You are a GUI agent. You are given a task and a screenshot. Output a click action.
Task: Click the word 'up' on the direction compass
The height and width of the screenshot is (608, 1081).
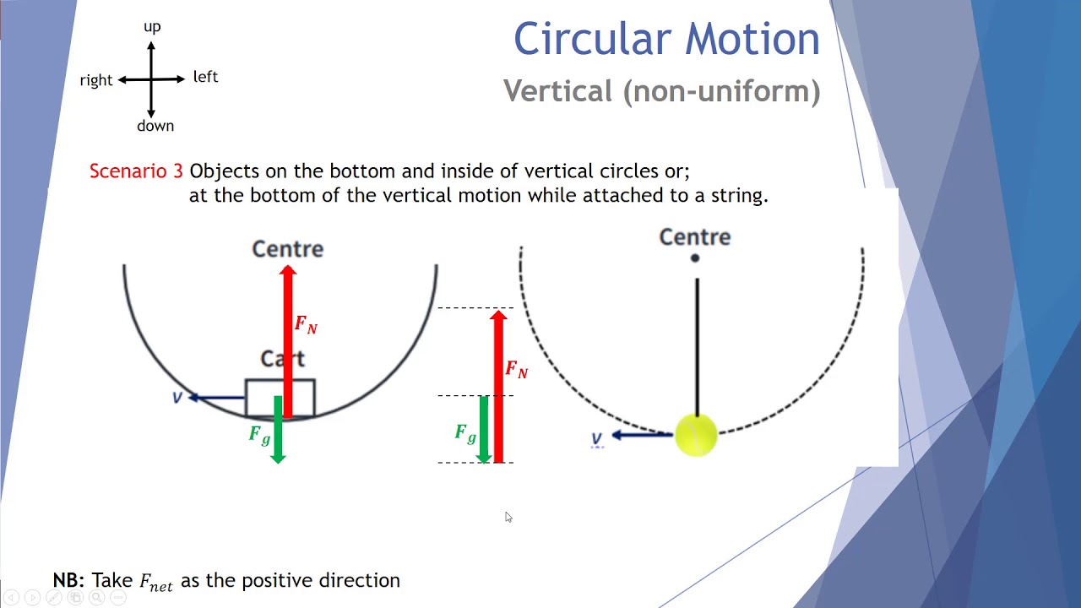[x=152, y=27]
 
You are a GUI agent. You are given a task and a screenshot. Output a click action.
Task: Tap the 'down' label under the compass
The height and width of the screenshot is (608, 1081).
[x=155, y=126]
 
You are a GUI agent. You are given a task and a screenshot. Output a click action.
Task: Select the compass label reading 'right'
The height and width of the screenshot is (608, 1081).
[x=96, y=80]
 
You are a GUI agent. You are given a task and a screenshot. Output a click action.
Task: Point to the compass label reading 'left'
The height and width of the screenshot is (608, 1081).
[x=205, y=77]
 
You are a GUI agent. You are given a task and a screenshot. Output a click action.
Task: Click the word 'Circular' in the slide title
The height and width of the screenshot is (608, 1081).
[x=592, y=39]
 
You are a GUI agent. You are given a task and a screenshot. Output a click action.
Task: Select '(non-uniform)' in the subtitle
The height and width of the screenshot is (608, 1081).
[x=721, y=91]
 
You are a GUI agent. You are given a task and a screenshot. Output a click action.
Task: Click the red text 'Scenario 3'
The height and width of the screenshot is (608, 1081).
[x=136, y=171]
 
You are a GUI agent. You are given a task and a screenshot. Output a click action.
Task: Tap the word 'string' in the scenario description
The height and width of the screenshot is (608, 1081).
[x=734, y=195]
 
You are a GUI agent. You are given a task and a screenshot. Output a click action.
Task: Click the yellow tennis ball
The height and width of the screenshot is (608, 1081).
[x=696, y=435]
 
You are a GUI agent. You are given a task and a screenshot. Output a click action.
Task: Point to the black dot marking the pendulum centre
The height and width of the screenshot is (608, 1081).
[x=695, y=258]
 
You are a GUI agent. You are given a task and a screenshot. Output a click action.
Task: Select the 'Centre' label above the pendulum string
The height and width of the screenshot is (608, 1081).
[x=694, y=237]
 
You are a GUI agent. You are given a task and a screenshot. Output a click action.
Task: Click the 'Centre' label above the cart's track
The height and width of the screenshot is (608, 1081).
[x=287, y=249]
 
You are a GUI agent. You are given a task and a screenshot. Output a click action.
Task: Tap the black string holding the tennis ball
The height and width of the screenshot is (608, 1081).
[x=697, y=346]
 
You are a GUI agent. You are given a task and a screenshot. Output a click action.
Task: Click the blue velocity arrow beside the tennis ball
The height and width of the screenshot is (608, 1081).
[x=641, y=435]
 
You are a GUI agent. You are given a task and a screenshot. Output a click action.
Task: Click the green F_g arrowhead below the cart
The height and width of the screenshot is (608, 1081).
[x=278, y=457]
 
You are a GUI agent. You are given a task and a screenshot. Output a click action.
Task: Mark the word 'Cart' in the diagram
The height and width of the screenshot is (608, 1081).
[x=282, y=359]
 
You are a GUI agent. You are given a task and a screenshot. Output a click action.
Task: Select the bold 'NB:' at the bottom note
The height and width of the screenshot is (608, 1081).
[x=68, y=580]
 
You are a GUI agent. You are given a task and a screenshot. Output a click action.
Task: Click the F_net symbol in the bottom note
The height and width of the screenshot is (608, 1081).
[x=156, y=582]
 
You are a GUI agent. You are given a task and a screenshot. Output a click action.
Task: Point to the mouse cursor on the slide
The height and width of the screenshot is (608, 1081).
[x=508, y=517]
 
